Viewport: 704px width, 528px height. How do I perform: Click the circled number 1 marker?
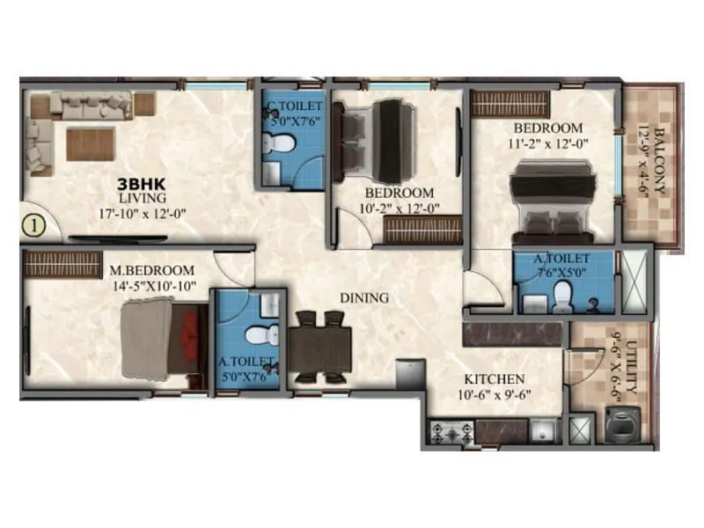click(33, 225)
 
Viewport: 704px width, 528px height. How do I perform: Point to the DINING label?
click(365, 297)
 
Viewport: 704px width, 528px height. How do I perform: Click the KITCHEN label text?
click(495, 379)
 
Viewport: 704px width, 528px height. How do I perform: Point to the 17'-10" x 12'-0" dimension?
click(143, 212)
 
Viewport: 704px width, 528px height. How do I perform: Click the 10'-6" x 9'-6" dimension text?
click(494, 393)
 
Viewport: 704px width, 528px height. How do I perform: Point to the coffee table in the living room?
click(90, 143)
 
